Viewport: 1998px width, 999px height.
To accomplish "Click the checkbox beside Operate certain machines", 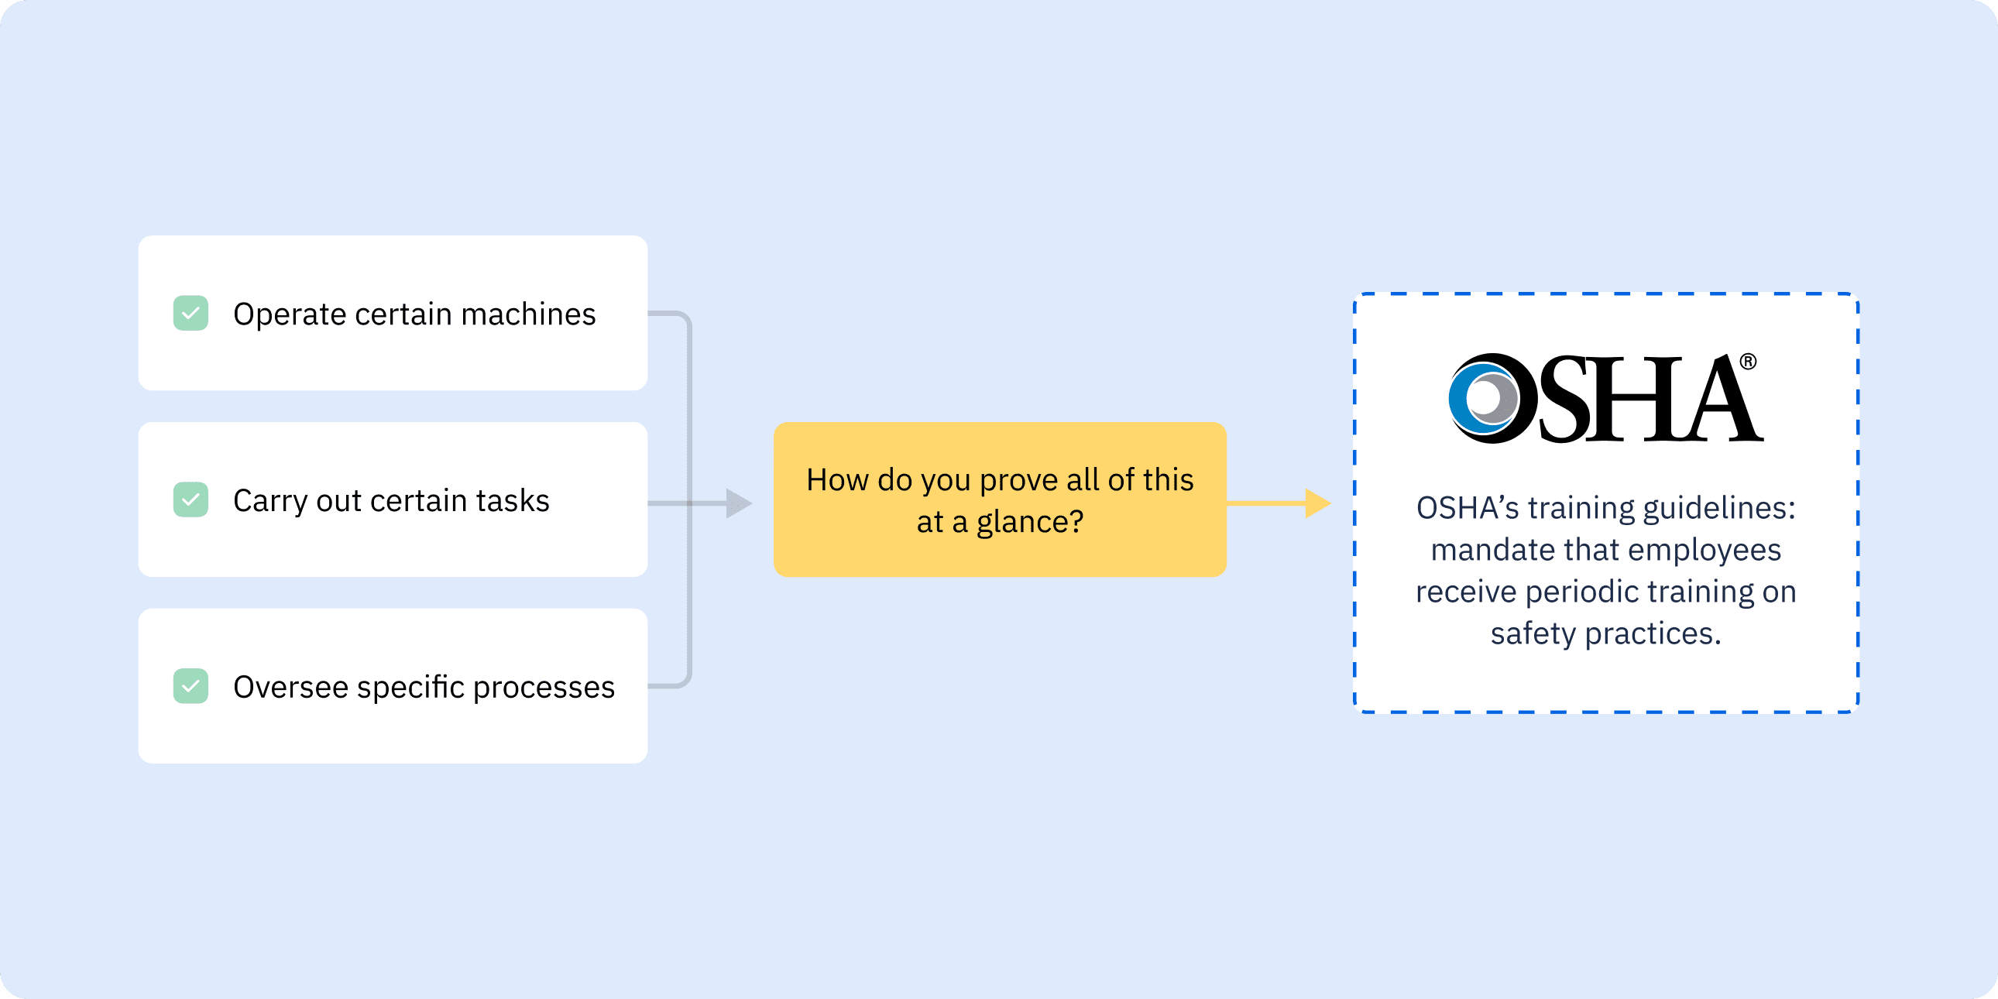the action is point(191,314).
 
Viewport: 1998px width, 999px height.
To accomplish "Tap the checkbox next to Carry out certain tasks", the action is point(191,499).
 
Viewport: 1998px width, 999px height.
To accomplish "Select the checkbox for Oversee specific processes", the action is point(191,686).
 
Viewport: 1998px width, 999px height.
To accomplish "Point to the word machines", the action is point(528,314).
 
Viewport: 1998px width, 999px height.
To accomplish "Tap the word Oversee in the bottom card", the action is point(291,687).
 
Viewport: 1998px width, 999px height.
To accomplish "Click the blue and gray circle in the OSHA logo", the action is point(1483,399).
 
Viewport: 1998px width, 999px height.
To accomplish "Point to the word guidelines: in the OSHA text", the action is point(1718,509).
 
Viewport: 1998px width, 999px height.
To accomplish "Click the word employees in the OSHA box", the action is point(1704,551).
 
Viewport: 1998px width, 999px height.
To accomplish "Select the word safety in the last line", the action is point(1533,634).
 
